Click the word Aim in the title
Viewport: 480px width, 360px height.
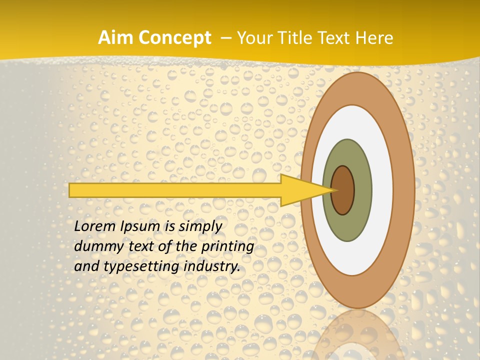(x=114, y=38)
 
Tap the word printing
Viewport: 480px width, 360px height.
(x=227, y=247)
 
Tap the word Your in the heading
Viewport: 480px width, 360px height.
(x=253, y=38)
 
